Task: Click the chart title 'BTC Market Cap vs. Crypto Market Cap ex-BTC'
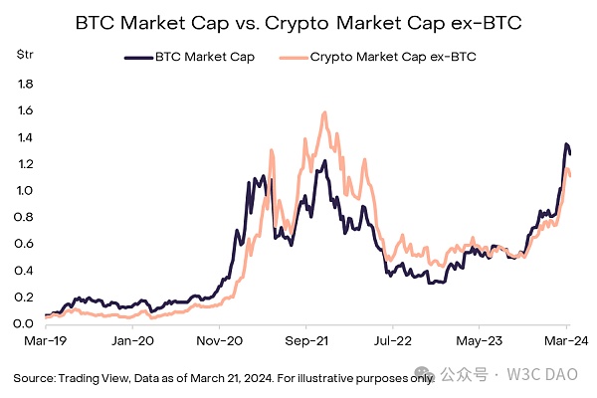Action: tap(298, 22)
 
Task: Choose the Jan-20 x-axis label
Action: tap(132, 341)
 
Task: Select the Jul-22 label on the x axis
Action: tap(392, 341)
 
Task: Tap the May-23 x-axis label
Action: tap(480, 341)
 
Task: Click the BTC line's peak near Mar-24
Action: tap(566, 145)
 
